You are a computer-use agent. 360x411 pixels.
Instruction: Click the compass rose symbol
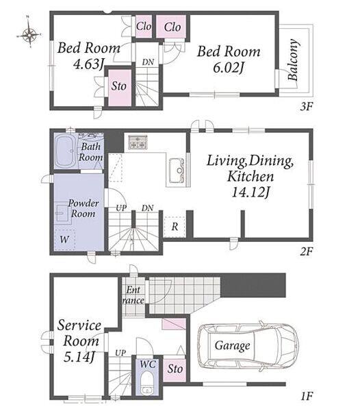29,34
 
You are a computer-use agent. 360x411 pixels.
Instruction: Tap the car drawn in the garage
248,346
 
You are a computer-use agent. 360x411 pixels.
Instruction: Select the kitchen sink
177,171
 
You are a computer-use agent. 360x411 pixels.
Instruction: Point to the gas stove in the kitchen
138,142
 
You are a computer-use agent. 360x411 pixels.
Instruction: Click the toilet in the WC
147,384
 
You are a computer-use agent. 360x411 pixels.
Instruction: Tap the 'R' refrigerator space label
175,226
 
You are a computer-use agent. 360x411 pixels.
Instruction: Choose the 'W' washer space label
64,239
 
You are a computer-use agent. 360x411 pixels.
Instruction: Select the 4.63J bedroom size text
88,64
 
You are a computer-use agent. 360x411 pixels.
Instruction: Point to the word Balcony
293,60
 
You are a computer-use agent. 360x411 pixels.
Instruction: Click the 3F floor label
306,106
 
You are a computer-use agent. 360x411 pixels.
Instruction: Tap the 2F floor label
306,251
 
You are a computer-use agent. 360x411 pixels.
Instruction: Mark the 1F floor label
307,396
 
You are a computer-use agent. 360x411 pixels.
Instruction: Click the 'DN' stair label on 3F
148,62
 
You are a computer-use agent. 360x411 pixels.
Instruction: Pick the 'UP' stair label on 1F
120,353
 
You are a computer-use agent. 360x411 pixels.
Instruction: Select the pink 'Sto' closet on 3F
120,88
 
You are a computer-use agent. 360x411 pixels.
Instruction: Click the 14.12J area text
250,192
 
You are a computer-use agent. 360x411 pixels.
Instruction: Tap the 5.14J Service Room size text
79,357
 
